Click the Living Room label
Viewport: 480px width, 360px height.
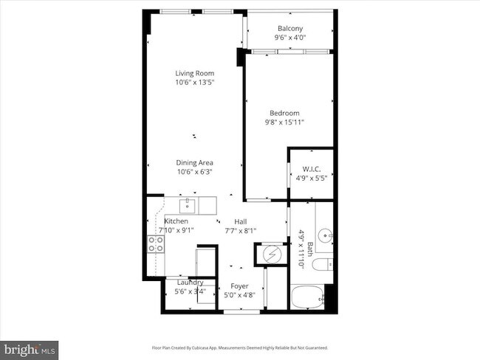194,73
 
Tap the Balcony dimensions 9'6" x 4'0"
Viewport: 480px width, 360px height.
290,38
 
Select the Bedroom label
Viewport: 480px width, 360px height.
284,113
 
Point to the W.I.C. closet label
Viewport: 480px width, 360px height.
310,168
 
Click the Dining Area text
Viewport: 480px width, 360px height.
194,163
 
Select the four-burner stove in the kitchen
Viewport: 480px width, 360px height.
156,243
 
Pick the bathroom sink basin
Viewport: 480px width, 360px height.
328,236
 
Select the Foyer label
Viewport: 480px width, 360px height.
239,286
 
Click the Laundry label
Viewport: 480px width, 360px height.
190,283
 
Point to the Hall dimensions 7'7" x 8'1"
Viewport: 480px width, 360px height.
241,231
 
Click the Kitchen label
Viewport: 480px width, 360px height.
176,221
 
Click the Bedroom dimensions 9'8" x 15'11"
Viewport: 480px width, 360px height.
284,122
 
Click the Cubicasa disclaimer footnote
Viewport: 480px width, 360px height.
240,347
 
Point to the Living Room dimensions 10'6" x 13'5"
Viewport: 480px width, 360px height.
194,83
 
